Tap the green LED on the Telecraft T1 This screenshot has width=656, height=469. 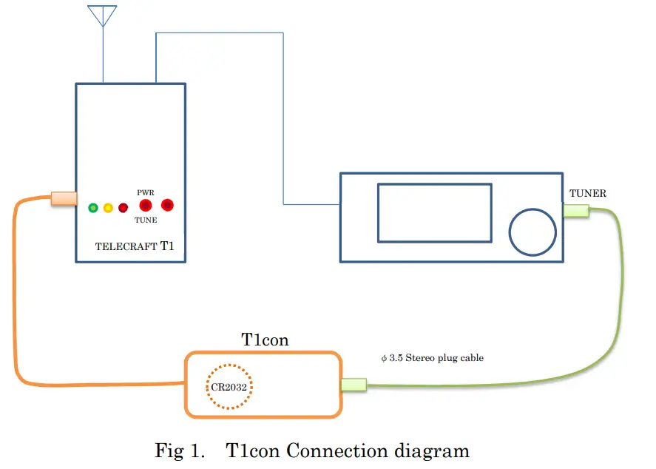coord(93,208)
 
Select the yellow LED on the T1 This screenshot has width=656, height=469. coord(108,208)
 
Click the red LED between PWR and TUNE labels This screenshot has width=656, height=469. coord(146,206)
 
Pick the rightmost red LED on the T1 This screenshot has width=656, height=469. coord(167,205)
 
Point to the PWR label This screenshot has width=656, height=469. coord(146,192)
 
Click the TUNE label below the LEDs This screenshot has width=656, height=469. coord(146,220)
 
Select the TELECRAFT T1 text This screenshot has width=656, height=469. coord(135,246)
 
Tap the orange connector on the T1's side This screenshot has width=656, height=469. coord(64,198)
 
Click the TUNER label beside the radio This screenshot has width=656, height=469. coord(587,193)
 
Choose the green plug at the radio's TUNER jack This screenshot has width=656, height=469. coord(576,210)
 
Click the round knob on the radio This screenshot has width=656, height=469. coord(532,232)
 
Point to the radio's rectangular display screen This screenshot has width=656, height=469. coord(435,213)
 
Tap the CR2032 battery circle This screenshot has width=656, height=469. coord(229,365)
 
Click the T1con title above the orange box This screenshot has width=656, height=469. coord(265,340)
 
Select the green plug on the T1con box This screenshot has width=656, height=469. coord(354,385)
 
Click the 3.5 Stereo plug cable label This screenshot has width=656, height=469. coord(432,358)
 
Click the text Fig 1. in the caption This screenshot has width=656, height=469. coord(180,451)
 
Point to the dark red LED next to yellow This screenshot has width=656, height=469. coord(123,208)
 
